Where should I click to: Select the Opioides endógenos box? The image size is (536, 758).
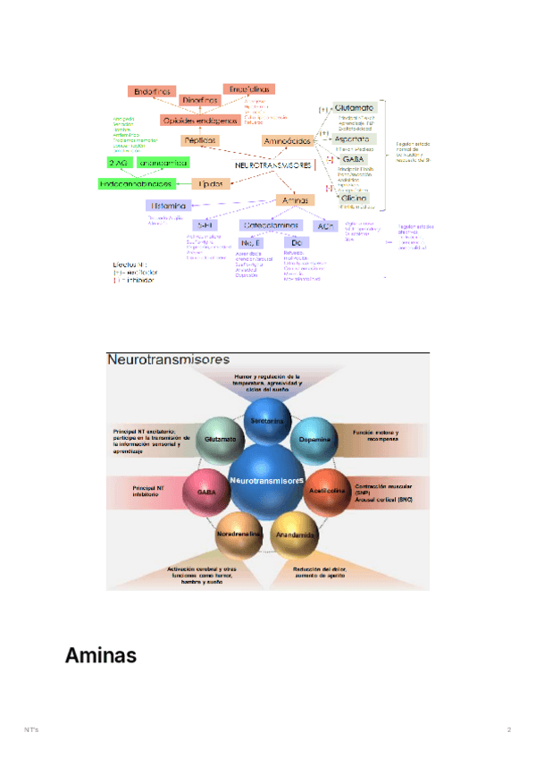[199, 120]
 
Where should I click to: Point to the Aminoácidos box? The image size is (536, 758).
[288, 141]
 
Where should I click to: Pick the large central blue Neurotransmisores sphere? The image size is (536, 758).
[266, 480]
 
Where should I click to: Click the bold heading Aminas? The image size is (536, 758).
[100, 656]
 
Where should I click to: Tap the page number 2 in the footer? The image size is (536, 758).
[509, 730]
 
